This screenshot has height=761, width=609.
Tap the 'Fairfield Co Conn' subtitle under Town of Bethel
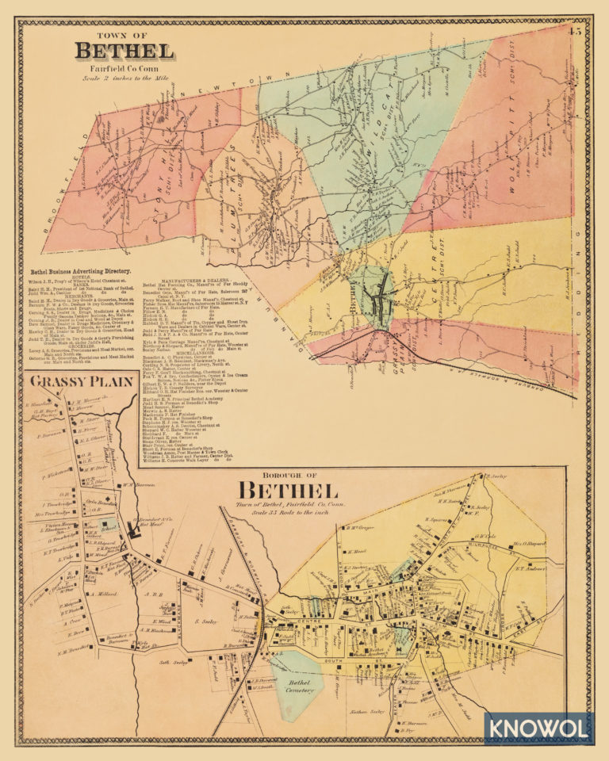pyautogui.click(x=124, y=69)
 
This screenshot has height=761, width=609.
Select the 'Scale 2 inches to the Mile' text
pyautogui.click(x=123, y=78)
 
